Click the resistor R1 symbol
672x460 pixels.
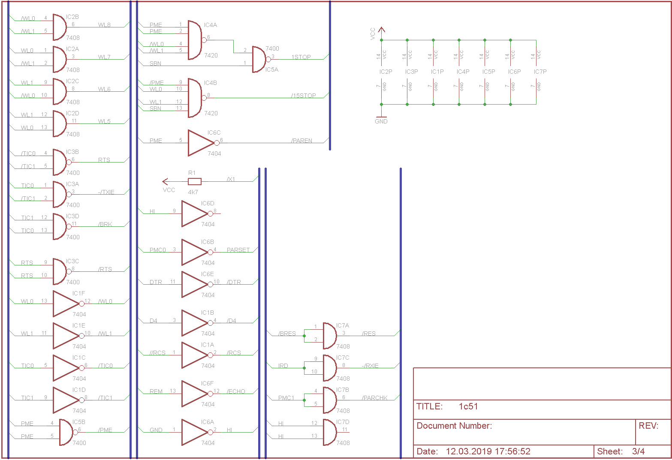(x=195, y=181)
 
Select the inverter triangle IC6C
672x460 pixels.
(x=202, y=143)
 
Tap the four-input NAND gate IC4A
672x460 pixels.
(x=195, y=40)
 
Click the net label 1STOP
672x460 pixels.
(x=301, y=57)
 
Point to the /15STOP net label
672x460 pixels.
(x=304, y=96)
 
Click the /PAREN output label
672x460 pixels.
(x=302, y=141)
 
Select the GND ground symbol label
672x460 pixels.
(x=381, y=121)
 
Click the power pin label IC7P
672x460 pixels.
(x=540, y=72)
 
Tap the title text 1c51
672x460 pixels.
(x=468, y=406)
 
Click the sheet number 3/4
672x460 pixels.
(x=639, y=451)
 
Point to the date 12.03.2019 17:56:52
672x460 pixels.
(x=488, y=451)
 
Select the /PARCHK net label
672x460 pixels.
(x=375, y=398)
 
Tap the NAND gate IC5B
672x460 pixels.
(x=66, y=432)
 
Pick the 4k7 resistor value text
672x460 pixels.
(x=193, y=192)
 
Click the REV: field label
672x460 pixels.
(x=648, y=426)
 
